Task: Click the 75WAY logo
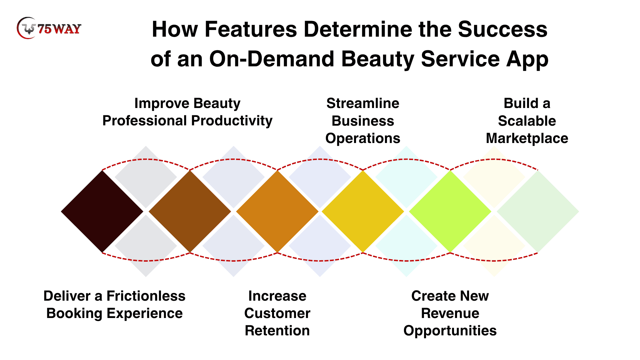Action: [49, 28]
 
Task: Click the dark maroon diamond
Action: [102, 211]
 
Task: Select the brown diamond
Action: [190, 211]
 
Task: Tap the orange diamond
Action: [277, 211]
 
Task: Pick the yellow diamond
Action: [363, 211]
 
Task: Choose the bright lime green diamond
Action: [450, 211]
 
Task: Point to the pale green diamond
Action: [538, 211]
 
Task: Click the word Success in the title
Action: [503, 29]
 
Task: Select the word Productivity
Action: [232, 121]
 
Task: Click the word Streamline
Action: [363, 103]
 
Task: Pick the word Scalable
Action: [527, 121]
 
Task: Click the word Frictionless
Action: [146, 296]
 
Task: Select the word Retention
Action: [277, 331]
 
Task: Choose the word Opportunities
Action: [450, 331]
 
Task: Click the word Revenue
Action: [450, 313]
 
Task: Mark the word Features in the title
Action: [251, 29]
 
